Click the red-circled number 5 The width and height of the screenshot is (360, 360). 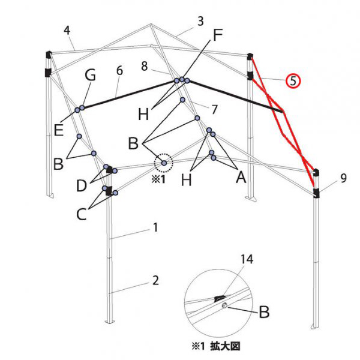coord(293,81)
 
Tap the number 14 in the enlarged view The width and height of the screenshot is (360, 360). coord(247,259)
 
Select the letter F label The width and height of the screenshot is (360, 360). coord(218,35)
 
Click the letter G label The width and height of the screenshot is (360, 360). coord(90,75)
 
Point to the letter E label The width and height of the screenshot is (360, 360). coord(58,130)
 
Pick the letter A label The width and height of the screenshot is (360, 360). coord(241,177)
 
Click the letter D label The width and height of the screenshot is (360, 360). coord(82,185)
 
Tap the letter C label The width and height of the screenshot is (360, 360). coord(81,214)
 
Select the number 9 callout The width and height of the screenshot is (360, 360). coord(343,178)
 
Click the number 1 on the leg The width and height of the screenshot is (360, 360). coord(155,227)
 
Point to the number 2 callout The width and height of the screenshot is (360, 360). coord(155,280)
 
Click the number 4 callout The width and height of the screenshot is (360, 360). coord(67,31)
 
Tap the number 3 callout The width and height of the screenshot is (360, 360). coord(200,21)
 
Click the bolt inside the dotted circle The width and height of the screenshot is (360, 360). coord(164,163)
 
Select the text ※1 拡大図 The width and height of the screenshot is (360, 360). coord(216,346)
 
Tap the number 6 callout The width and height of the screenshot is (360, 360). coord(119,70)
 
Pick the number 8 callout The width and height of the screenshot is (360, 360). coord(144,66)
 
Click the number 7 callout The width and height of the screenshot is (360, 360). coord(214,109)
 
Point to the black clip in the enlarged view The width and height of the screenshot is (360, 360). coord(219,299)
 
